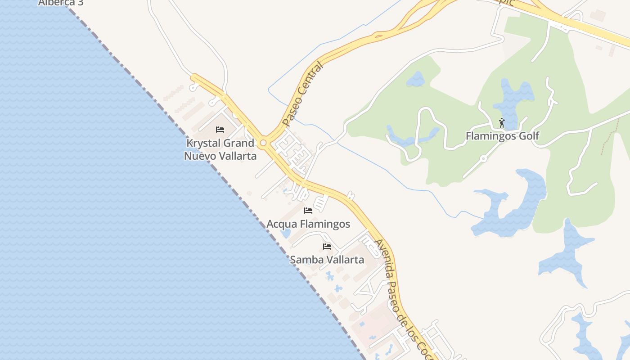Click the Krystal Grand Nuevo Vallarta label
click(220, 150)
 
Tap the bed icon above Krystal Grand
click(220, 130)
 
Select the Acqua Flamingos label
click(308, 224)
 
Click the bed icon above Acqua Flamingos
click(308, 210)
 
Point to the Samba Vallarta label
click(327, 260)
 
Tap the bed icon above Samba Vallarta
click(327, 247)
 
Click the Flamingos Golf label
click(502, 136)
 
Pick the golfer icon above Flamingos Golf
click(502, 122)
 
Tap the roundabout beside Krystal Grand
click(263, 143)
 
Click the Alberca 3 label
click(61, 3)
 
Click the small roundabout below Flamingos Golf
click(483, 158)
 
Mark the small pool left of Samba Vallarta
click(285, 234)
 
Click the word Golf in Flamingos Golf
click(529, 136)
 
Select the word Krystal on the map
click(203, 144)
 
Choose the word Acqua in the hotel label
click(282, 224)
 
